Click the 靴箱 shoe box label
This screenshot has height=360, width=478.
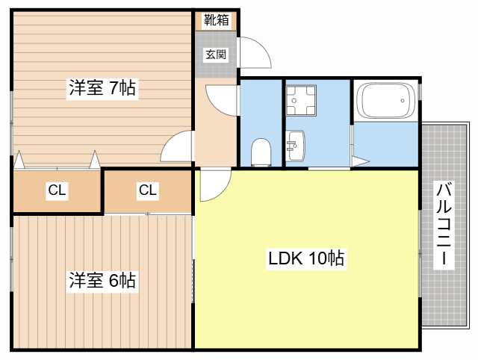click(216, 20)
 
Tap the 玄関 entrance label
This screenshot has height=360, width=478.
click(216, 55)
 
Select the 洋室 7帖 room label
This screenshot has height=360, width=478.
click(102, 88)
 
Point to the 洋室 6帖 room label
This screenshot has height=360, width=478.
click(102, 280)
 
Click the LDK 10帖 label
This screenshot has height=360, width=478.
click(306, 258)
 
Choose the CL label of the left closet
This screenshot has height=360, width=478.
click(57, 190)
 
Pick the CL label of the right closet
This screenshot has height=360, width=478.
click(148, 190)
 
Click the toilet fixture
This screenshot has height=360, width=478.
click(261, 152)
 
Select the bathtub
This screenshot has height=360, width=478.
click(386, 100)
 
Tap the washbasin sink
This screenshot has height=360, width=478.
click(295, 146)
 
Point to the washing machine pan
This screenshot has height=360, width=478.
click(301, 100)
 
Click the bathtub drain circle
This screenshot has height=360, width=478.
click(403, 100)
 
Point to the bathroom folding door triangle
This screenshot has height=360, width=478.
click(360, 161)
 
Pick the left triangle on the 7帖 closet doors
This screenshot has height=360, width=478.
click(19, 160)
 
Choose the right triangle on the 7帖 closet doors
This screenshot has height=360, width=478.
click(95, 160)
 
